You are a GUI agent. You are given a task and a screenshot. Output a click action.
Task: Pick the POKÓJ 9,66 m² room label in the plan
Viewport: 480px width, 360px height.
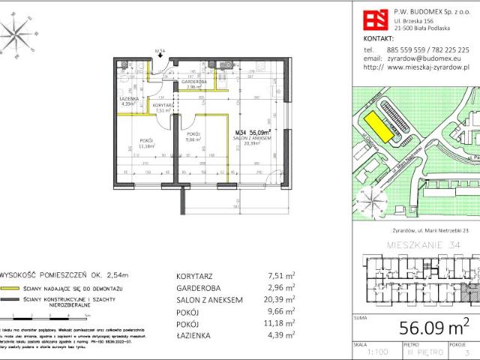[x=194, y=136]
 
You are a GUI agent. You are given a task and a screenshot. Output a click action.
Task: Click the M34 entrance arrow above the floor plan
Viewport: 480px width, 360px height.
[x=159, y=55]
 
